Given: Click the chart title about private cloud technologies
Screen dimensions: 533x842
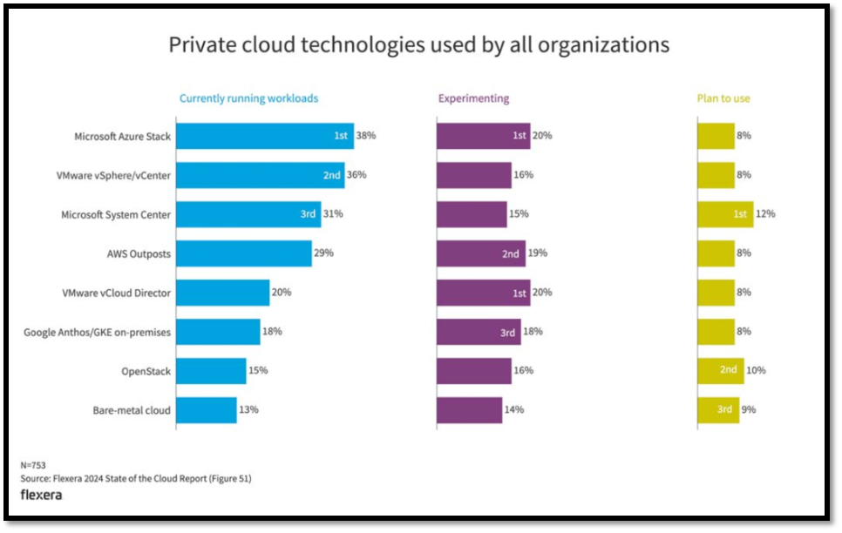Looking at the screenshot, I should (x=418, y=44).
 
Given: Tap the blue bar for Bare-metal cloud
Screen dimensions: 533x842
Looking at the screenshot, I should (x=207, y=410).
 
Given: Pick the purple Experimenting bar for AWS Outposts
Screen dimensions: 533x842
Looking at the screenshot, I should (x=480, y=253).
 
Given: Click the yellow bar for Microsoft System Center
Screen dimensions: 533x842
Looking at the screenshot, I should (x=724, y=214).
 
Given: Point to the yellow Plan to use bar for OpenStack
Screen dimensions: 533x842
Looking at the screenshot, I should (x=720, y=371).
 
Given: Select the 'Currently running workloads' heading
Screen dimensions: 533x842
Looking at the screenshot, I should (x=248, y=98).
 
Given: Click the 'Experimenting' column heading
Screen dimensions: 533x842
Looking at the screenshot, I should (x=473, y=98).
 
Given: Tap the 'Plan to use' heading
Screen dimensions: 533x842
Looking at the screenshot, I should (x=723, y=98).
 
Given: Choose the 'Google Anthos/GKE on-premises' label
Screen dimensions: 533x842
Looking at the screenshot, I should (x=98, y=332).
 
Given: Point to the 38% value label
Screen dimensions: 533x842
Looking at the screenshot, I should (x=365, y=136).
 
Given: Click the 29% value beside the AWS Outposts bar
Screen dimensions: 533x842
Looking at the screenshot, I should (x=323, y=253).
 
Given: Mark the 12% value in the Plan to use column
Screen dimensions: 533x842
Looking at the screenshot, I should (x=765, y=214).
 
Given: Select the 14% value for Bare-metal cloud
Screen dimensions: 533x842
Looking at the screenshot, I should (x=513, y=410).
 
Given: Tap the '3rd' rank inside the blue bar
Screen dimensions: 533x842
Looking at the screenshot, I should (x=308, y=214).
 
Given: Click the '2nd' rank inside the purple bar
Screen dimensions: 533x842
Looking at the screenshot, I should (x=511, y=254).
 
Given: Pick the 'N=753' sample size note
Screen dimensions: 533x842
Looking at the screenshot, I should (x=33, y=465).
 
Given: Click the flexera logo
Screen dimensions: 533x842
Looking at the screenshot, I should (x=41, y=495).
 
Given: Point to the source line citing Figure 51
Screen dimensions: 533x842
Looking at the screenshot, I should (x=136, y=478).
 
